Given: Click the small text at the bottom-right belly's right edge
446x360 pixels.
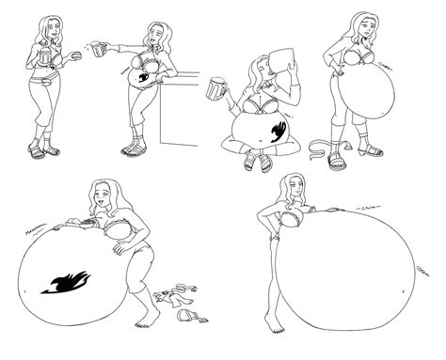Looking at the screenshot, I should [422, 270].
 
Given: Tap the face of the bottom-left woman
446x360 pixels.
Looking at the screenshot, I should [110, 199].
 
